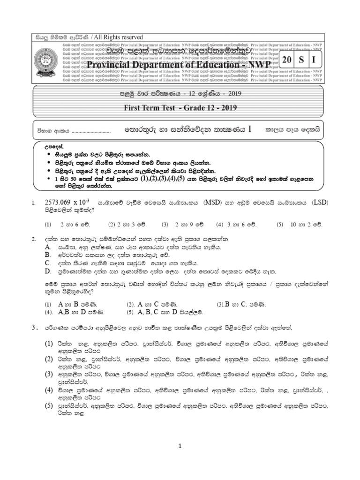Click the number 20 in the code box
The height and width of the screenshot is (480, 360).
[286, 60]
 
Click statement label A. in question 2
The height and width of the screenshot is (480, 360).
[48, 247]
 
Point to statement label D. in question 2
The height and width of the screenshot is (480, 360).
[48, 271]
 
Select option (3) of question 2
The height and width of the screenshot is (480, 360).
[221, 304]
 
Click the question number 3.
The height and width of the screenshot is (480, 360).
[34, 326]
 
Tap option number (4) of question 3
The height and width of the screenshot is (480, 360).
[49, 390]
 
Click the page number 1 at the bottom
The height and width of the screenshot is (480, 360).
[180, 447]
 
